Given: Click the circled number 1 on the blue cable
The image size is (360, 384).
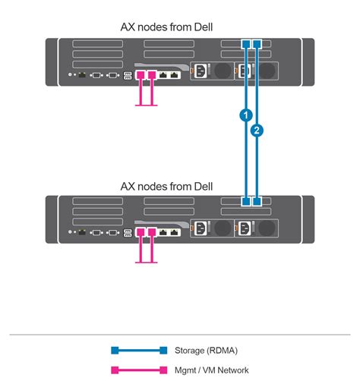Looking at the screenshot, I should coord(245,115).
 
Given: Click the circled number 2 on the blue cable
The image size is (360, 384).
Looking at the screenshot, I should coord(257,131).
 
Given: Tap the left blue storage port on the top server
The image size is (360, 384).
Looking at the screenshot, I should coord(245,45).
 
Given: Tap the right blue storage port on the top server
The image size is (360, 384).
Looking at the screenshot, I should coord(257,45).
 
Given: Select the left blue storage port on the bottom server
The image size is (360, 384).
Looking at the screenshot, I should coord(245,202).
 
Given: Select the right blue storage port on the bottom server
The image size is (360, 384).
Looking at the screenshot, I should coord(257,202).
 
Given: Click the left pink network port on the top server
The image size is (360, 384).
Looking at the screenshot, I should coord(140,75).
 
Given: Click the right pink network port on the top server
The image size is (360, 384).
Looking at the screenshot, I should coord(152,75).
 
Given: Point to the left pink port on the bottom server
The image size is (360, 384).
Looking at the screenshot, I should coord(140,231).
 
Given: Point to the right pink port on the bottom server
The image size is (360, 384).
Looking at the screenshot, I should coord(152,231).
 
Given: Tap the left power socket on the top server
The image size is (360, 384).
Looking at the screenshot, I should coord(201,71).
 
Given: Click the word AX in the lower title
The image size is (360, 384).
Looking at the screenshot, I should coord(129,185).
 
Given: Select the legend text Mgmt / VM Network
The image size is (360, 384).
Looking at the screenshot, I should coord(212,370).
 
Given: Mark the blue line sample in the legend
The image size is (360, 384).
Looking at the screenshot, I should coord(137,351).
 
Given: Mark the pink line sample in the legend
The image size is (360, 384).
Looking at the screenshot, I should coord(137,370).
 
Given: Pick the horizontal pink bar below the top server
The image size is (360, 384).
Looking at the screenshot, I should coord(146,105).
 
